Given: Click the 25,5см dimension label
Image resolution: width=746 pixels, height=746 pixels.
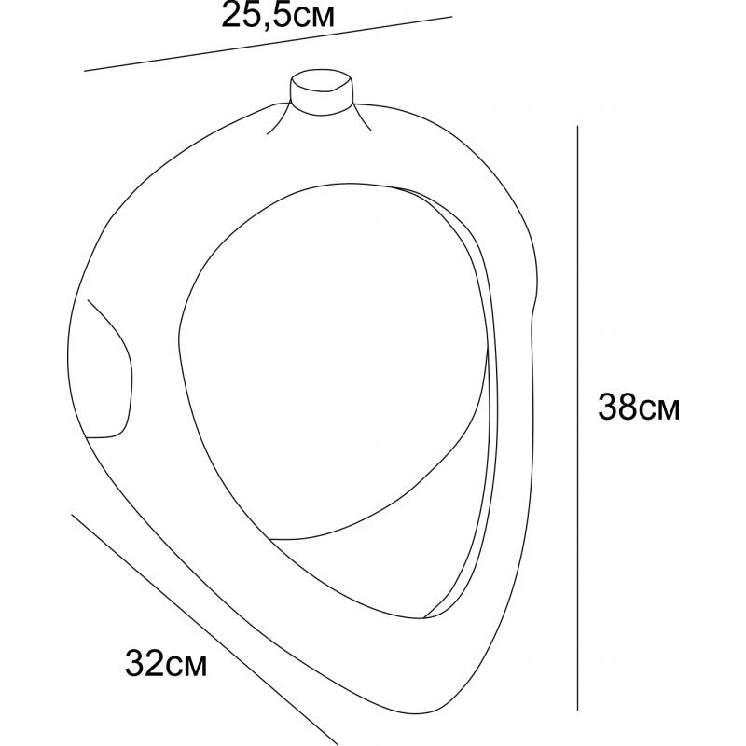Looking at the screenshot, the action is coord(278,16).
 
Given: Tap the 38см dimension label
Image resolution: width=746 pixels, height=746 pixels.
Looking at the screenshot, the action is coord(639,407).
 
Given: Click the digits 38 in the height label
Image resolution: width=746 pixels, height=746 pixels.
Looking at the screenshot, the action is coord(617,407).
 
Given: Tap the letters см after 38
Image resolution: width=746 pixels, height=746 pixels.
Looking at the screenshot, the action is coord(659,410).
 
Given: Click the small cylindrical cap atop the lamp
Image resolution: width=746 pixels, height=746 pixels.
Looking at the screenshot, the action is coord(322,91).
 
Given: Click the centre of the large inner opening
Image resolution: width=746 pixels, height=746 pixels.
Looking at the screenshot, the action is coord(333,362).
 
